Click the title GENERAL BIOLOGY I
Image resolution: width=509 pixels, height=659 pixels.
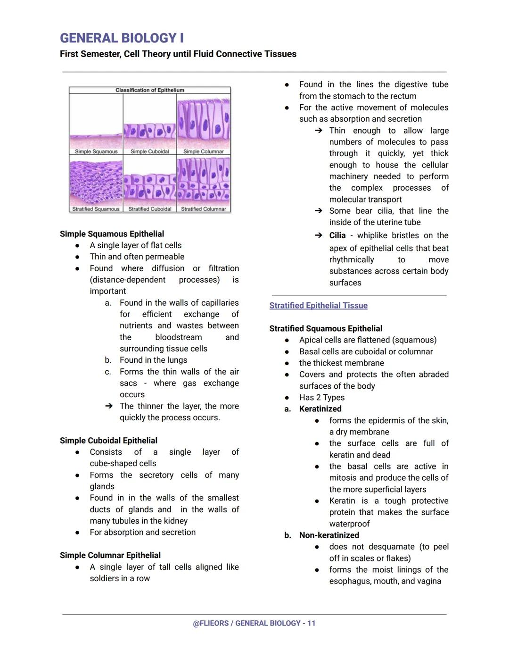tap(122, 38)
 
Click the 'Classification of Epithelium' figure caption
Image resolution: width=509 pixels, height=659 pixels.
tap(150, 90)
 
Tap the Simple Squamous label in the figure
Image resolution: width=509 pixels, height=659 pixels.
tap(96, 151)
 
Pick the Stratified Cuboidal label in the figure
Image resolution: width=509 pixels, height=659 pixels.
tap(150, 209)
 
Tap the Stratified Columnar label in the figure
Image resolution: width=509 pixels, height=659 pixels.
tap(204, 209)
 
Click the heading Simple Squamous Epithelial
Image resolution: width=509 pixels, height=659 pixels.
tap(112, 234)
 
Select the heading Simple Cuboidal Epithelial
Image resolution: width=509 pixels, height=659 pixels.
tap(108, 441)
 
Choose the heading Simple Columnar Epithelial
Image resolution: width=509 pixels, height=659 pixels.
tap(110, 555)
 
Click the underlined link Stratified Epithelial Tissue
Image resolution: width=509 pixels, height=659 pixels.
tap(318, 306)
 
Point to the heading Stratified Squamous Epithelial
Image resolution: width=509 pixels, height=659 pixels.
tap(326, 329)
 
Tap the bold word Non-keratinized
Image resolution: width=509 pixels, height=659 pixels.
tap(329, 535)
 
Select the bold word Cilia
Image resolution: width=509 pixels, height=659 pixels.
tap(337, 235)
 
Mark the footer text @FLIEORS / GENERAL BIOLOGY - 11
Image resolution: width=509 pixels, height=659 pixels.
tap(254, 623)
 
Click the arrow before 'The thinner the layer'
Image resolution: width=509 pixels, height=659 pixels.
tap(109, 406)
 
